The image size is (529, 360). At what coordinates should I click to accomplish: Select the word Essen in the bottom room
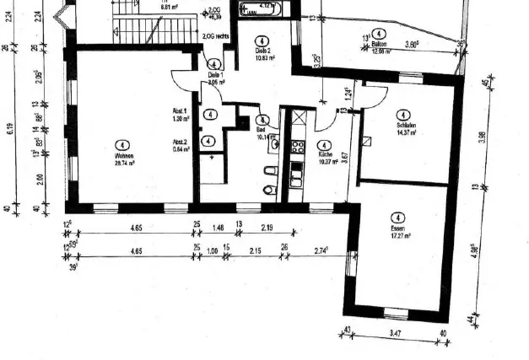[399, 228]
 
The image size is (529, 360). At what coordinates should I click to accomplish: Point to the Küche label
[325, 155]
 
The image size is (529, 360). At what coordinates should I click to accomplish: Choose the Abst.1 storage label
[179, 111]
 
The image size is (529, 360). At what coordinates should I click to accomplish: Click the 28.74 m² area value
[125, 164]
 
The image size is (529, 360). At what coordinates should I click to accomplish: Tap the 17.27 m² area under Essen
[399, 236]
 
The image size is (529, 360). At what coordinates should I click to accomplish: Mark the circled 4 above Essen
[399, 217]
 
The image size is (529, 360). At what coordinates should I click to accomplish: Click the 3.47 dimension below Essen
[396, 336]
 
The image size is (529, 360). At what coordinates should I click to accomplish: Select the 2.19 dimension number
[267, 228]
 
